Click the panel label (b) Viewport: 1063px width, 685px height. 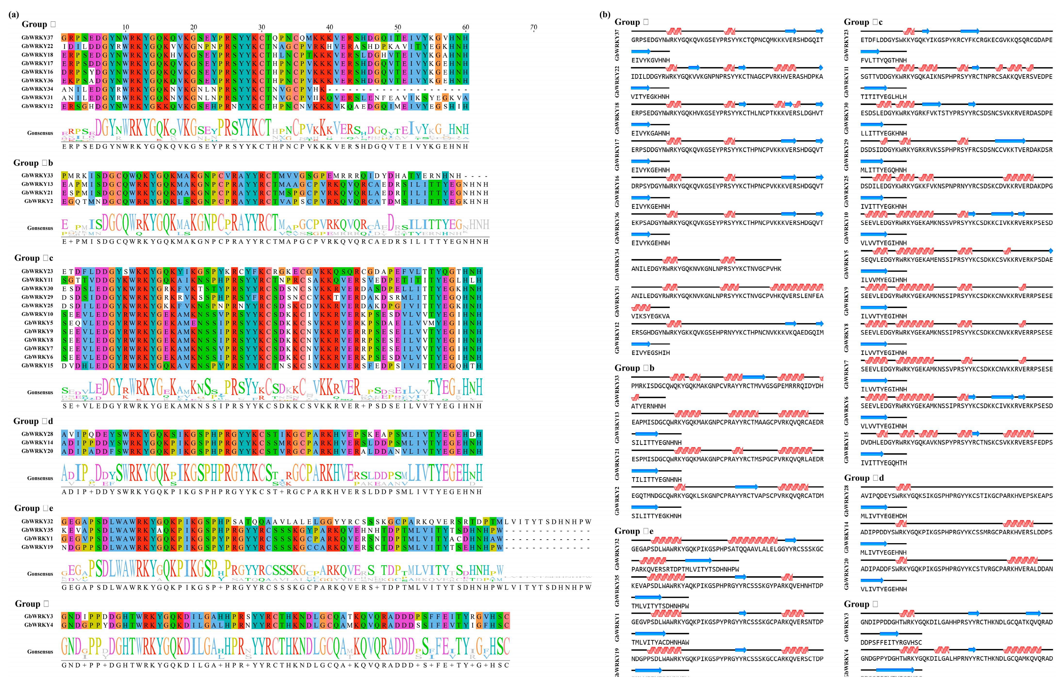(604, 14)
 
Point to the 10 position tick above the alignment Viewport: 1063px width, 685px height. (125, 27)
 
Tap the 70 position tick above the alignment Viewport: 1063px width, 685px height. (533, 27)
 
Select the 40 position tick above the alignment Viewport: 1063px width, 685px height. (330, 27)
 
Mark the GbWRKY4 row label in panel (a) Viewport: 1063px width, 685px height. (39, 625)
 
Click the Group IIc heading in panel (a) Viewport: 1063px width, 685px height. (34, 258)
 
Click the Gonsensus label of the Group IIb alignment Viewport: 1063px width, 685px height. (40, 228)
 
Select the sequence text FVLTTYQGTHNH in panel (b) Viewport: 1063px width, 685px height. (883, 60)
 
